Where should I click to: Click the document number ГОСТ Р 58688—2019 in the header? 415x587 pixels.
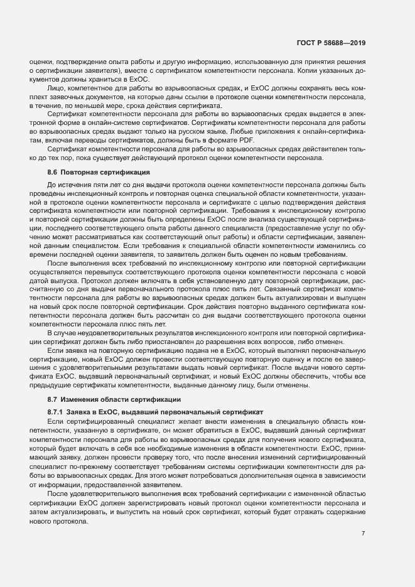pyautogui.click(x=330, y=43)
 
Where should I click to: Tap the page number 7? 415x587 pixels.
pyautogui.click(x=363, y=534)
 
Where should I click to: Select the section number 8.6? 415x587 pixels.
pyautogui.click(x=53, y=171)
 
